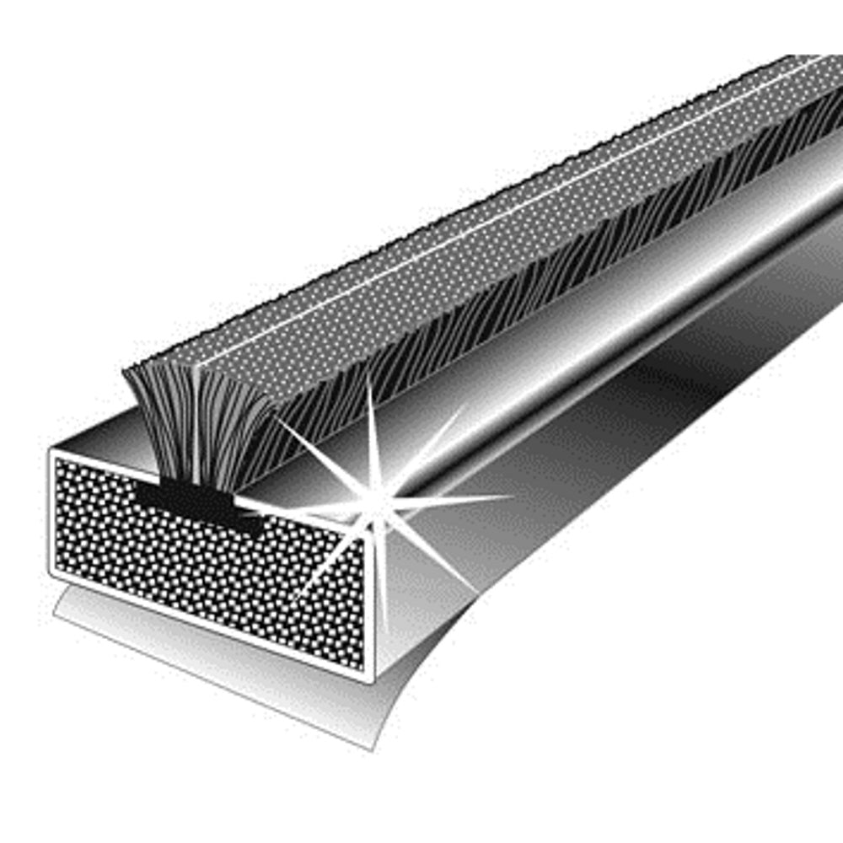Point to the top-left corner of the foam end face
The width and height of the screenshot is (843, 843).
[x=52, y=454]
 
